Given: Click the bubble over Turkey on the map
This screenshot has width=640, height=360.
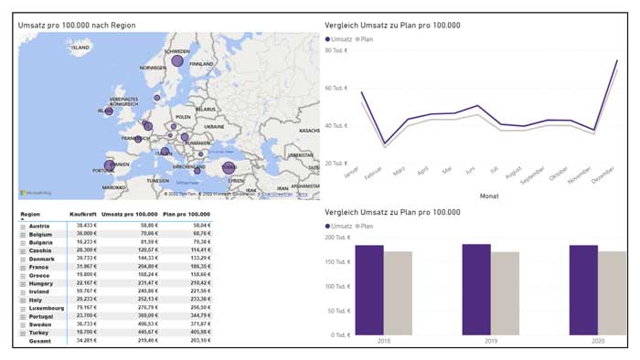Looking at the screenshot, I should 228,167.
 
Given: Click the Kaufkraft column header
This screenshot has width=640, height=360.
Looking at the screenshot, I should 84,214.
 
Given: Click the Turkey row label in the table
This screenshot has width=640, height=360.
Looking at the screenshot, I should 39,333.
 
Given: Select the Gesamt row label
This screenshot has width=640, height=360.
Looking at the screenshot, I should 39,341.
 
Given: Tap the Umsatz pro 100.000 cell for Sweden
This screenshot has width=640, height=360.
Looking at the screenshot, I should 143,324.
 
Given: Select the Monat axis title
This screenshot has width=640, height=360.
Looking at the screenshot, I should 487,195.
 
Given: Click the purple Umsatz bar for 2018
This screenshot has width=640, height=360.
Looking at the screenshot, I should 369,289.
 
